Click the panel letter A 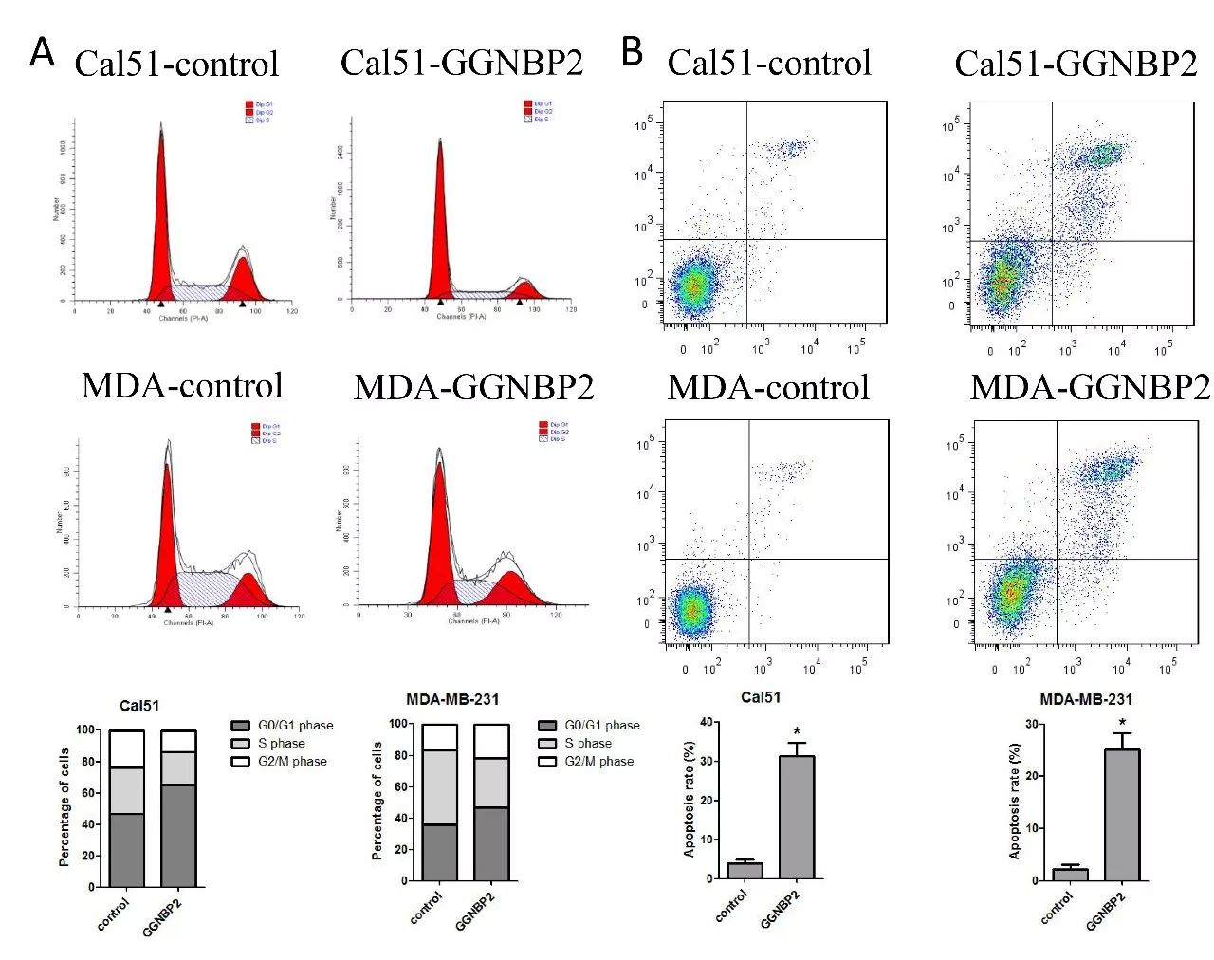42,52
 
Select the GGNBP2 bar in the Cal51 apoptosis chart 797,817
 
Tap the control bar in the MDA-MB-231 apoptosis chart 1070,874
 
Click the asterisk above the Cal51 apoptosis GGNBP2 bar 797,731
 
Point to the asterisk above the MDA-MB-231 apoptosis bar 1122,723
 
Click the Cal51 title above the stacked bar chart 139,706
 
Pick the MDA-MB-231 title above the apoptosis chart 1086,699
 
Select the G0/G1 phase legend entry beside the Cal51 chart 294,725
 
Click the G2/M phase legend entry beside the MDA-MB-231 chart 598,761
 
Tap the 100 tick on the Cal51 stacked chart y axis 86,730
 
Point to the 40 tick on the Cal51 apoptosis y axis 706,723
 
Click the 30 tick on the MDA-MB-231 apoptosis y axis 1032,725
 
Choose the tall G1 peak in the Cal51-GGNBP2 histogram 440,218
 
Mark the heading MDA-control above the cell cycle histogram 182,386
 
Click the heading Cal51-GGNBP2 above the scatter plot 1076,64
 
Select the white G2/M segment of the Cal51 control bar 127,748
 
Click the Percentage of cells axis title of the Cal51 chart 64,807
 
